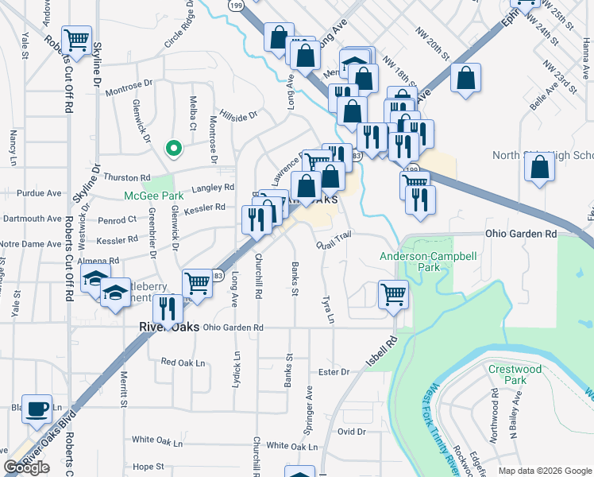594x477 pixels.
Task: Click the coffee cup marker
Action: pyautogui.click(x=37, y=409)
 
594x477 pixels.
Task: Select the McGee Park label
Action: pyautogui.click(x=153, y=196)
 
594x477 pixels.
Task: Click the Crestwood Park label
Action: pyautogui.click(x=515, y=374)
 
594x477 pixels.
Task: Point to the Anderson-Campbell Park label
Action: pyautogui.click(x=421, y=262)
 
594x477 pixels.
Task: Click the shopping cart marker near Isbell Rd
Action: pyautogui.click(x=393, y=294)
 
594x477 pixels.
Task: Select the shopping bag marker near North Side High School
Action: pyautogui.click(x=540, y=167)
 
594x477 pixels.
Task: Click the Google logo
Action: pyautogui.click(x=27, y=467)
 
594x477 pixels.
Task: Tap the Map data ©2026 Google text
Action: pyautogui.click(x=545, y=471)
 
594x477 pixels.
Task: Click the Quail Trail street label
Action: pyautogui.click(x=333, y=239)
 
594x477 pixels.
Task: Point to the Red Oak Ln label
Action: pyautogui.click(x=183, y=362)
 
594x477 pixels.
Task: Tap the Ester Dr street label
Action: pyautogui.click(x=334, y=372)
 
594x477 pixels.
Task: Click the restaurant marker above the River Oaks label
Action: pyautogui.click(x=166, y=308)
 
